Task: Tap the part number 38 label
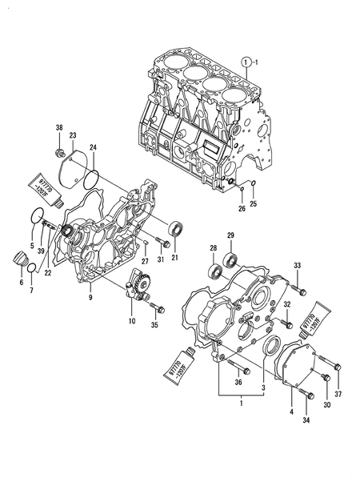click(x=58, y=128)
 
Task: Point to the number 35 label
click(x=155, y=326)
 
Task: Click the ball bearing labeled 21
click(x=175, y=228)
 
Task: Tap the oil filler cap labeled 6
click(x=19, y=262)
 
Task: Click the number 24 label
click(x=93, y=147)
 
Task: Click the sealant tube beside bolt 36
click(x=189, y=360)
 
